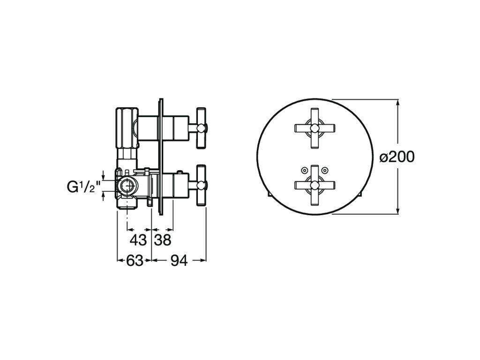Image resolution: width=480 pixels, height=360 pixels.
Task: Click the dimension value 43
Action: pyautogui.click(x=138, y=240)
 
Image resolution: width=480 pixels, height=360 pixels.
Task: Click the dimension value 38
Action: pyautogui.click(x=163, y=240)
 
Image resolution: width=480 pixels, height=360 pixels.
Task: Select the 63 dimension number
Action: pyautogui.click(x=135, y=261)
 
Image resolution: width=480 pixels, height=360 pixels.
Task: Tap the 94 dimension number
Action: pyautogui.click(x=179, y=261)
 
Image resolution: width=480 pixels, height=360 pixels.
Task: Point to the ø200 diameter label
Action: pyautogui.click(x=397, y=157)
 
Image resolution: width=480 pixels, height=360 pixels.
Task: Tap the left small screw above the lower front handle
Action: pyautogui.click(x=305, y=170)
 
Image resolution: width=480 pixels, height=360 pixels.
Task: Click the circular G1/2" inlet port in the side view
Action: pyautogui.click(x=127, y=187)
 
